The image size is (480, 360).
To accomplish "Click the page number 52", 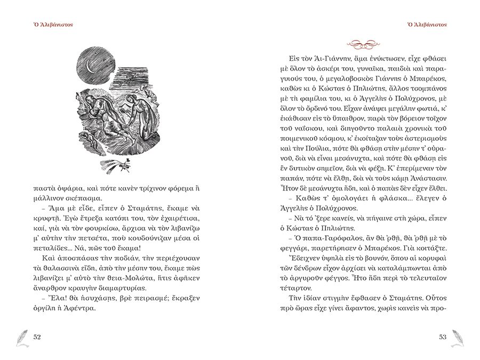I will coord(37,337).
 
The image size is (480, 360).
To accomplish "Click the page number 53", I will coord(443,337).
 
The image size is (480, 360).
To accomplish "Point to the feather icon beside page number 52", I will coord(19,336).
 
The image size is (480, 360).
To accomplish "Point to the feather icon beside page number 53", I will coord(459,336).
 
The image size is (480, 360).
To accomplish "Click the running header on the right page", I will coord(427,25).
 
